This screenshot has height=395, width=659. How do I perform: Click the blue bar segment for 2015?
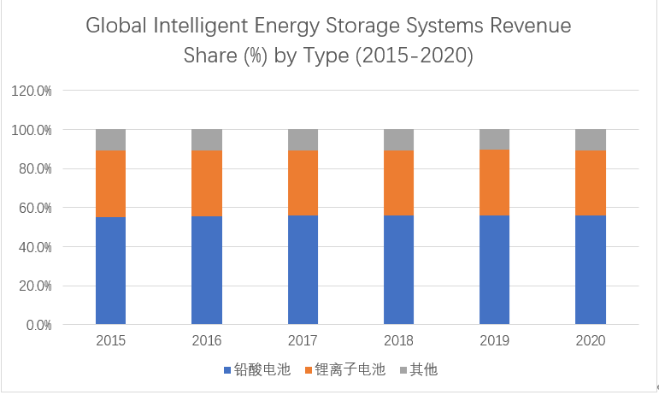pyautogui.click(x=111, y=271)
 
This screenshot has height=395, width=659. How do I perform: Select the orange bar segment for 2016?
pyautogui.click(x=207, y=183)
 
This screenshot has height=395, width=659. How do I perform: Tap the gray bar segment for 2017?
pyautogui.click(x=303, y=139)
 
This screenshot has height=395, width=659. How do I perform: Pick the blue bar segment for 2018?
pyautogui.click(x=398, y=270)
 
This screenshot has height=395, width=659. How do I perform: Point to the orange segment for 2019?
pyautogui.click(x=494, y=182)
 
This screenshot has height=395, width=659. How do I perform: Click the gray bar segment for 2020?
pyautogui.click(x=591, y=139)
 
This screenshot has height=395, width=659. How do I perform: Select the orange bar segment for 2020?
pyautogui.click(x=591, y=182)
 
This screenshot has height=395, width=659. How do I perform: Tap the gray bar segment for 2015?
pyautogui.click(x=111, y=139)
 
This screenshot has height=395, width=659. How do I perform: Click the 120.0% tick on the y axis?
pyautogui.click(x=32, y=91)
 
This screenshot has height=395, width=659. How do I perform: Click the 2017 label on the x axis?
pyautogui.click(x=303, y=341)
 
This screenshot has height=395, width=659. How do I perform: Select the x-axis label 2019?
pyautogui.click(x=494, y=341)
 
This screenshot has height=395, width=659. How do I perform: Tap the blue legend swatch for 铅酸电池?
pyautogui.click(x=227, y=370)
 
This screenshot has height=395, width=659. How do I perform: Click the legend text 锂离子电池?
pyautogui.click(x=350, y=370)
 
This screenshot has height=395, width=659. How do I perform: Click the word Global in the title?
pyautogui.click(x=116, y=27)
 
